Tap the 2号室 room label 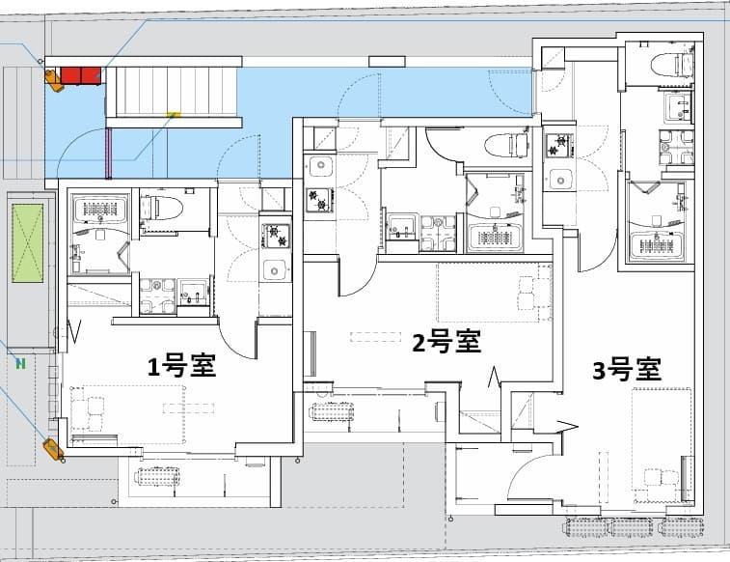pos(446,342)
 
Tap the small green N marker pos(19,364)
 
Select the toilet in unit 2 pos(505,145)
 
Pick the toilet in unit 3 pos(672,64)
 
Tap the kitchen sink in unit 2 pos(319,168)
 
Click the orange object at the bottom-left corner pos(52,448)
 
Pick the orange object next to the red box pos(54,78)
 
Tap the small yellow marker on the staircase pos(174,114)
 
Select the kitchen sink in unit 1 pos(275,269)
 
